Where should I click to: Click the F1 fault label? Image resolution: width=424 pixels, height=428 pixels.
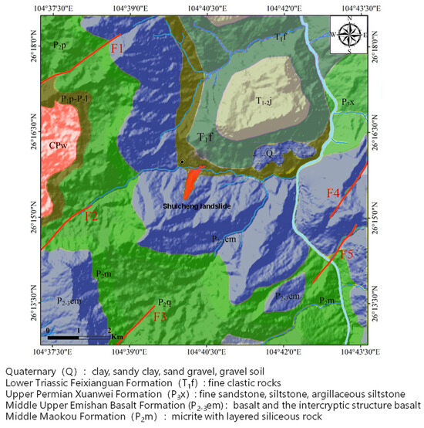(118, 49)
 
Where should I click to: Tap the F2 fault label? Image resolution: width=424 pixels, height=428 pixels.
(92, 216)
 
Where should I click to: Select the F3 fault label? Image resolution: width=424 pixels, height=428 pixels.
(160, 316)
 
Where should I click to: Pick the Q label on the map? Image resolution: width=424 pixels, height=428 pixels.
(270, 153)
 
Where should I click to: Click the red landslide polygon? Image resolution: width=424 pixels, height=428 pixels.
(191, 184)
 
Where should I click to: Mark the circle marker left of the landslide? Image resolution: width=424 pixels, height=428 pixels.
(182, 161)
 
